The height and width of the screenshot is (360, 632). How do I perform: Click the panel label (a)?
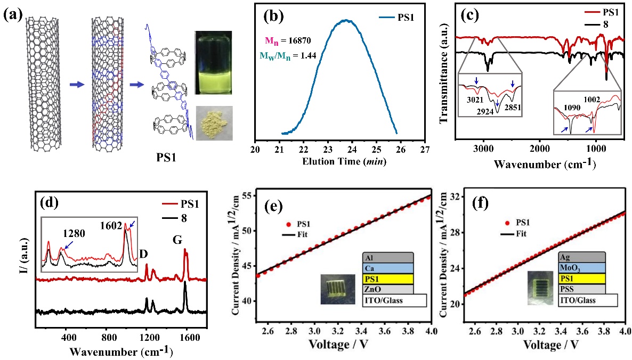(x=13, y=14)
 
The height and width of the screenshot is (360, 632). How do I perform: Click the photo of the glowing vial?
(x=213, y=62)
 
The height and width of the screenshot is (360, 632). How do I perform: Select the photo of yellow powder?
(x=213, y=122)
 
